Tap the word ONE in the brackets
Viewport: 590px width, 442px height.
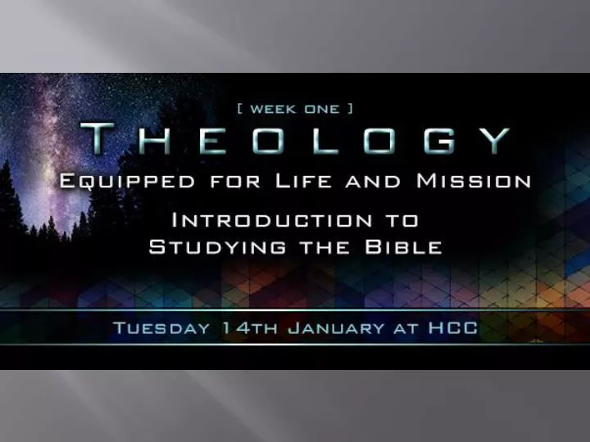click(x=324, y=110)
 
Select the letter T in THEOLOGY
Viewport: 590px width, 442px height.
click(x=102, y=140)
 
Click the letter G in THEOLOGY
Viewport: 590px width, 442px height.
click(x=441, y=140)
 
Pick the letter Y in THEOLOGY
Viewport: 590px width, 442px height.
click(x=496, y=140)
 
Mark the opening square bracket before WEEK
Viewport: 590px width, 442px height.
click(x=239, y=110)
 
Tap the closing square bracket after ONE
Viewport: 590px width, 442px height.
click(x=351, y=110)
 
